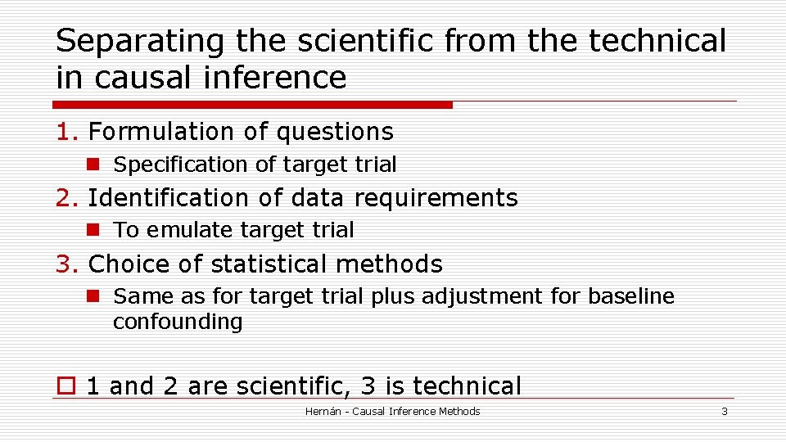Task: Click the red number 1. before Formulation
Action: point(67,132)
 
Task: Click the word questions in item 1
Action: point(335,132)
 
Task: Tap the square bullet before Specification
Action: point(95,165)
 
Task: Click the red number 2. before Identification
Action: point(67,198)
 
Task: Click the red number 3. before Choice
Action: point(67,264)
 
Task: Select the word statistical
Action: point(268,264)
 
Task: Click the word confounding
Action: point(178,322)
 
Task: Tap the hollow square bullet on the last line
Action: point(65,386)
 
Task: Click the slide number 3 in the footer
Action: point(724,412)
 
